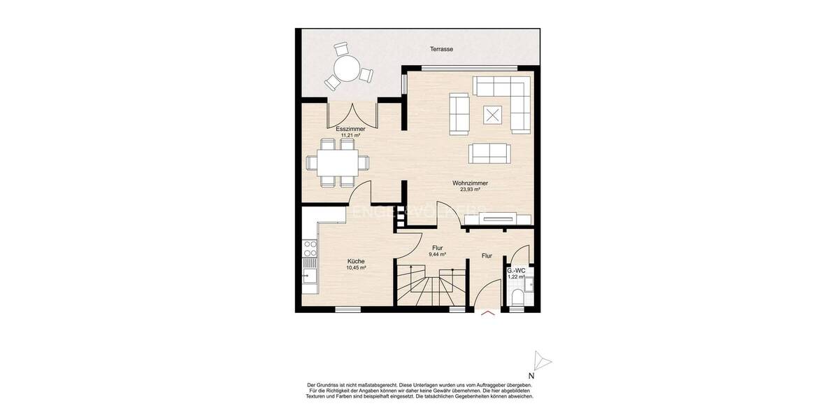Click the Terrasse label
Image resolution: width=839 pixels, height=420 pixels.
[x=442, y=49]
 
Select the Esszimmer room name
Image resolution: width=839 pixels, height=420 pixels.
[x=350, y=129]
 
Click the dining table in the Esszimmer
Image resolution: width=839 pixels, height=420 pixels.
[x=338, y=163]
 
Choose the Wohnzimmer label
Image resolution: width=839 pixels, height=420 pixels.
[x=470, y=183]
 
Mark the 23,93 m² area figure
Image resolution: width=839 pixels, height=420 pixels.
[x=470, y=190]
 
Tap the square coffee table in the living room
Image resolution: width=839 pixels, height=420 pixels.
[x=494, y=114]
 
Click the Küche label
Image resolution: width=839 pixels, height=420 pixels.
[x=356, y=261]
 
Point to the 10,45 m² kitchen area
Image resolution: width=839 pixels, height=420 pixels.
[x=356, y=267]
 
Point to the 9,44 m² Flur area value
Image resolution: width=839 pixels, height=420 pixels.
[x=438, y=255]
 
